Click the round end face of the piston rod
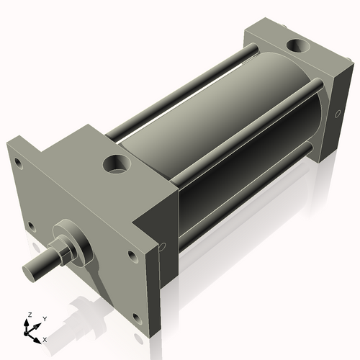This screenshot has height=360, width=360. [29, 272]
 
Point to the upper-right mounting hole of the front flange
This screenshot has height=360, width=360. [132, 254]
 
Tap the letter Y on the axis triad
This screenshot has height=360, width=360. [44, 318]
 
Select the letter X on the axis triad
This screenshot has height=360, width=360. [45, 338]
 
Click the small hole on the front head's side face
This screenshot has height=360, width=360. [163, 246]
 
